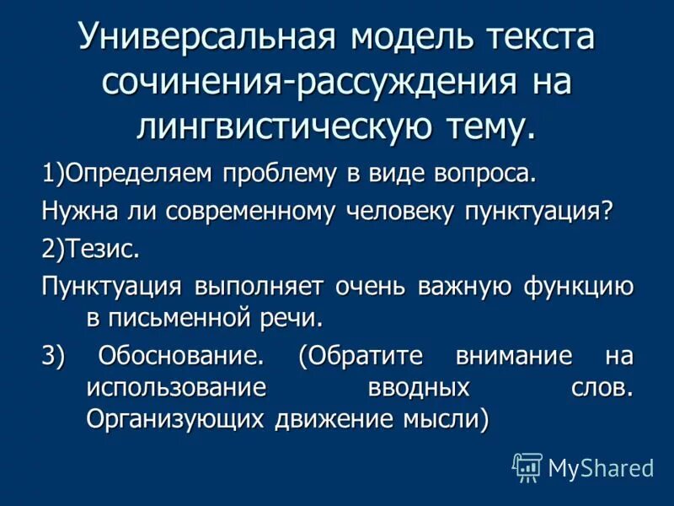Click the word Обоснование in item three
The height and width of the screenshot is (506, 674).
[177, 357]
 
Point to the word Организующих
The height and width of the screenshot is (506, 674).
[177, 418]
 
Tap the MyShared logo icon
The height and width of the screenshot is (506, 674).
[527, 466]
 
